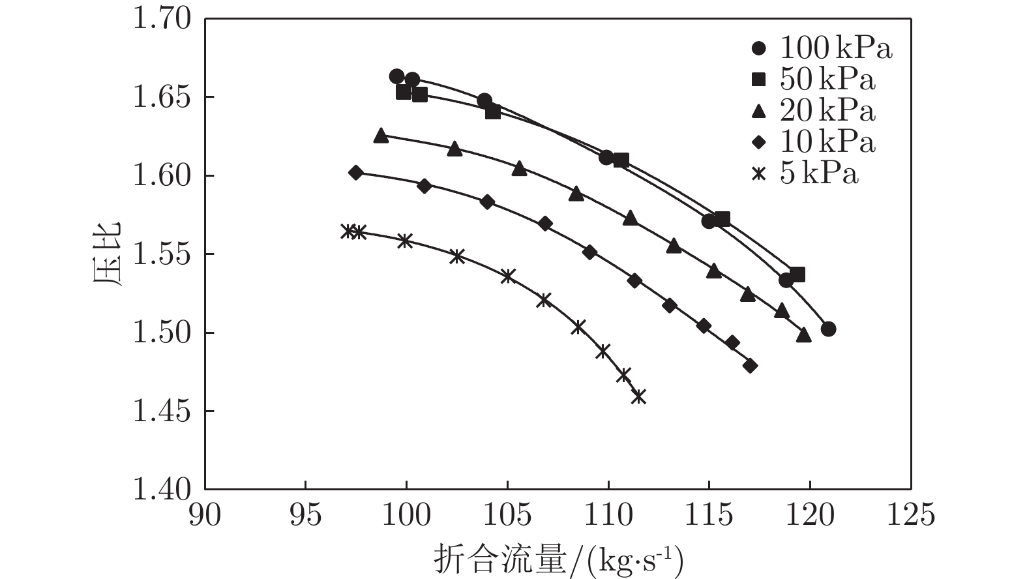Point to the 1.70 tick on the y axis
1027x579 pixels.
tap(162, 19)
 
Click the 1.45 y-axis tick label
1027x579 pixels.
tap(162, 411)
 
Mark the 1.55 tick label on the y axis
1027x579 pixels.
tap(162, 254)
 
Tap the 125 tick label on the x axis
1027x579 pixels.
tap(911, 515)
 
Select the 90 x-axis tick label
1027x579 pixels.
tap(205, 515)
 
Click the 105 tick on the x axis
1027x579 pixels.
tap(507, 515)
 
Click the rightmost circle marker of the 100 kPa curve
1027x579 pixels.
tap(828, 329)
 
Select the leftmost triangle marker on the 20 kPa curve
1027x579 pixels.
tap(381, 136)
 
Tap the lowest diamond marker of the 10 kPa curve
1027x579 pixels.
tap(750, 366)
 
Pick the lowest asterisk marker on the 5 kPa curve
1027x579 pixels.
tap(639, 396)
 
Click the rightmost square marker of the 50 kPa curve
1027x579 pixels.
tap(797, 275)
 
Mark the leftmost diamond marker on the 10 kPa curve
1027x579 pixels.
tap(355, 173)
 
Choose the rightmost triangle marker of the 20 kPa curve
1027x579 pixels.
tap(803, 335)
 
